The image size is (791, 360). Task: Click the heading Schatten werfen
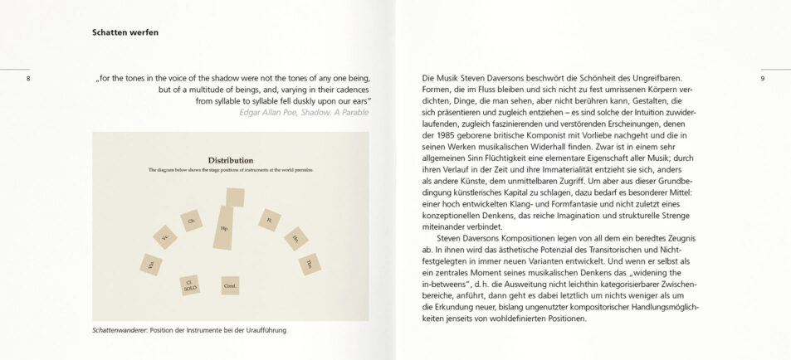point(125,33)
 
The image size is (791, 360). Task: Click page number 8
point(28,79)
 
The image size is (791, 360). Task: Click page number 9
point(761,79)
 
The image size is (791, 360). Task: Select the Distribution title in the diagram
point(231,159)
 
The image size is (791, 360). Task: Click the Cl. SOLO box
point(189,285)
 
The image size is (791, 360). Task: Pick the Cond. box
point(231,285)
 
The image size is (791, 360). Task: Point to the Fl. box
point(269,220)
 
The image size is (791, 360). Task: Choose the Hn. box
point(295,239)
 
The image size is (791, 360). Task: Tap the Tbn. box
point(309,264)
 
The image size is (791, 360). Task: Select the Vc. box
point(165,237)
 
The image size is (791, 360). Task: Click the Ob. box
point(192,220)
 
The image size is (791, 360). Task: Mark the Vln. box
point(151,265)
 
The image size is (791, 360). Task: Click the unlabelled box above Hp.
point(235,197)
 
